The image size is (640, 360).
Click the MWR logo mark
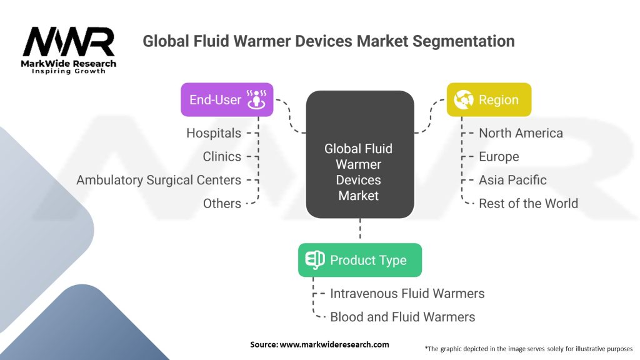69,41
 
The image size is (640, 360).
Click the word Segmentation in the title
463,41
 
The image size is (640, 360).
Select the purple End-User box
227,99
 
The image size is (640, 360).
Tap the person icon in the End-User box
256,99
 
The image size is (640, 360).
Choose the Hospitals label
214,133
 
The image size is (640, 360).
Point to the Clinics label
222,156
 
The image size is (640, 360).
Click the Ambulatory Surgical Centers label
159,180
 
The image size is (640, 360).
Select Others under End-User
222,203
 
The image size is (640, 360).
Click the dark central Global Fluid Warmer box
360,154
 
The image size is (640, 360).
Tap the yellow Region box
489,99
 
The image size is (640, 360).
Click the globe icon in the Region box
464,99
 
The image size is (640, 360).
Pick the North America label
521,133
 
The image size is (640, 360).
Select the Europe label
499,157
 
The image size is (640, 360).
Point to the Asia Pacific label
512,180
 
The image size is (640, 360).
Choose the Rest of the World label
529,203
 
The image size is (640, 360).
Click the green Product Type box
360,260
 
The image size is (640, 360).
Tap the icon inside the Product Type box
315,260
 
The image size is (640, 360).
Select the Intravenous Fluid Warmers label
407,294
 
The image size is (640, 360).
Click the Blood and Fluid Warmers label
402,317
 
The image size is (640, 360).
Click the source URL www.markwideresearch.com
334,344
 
